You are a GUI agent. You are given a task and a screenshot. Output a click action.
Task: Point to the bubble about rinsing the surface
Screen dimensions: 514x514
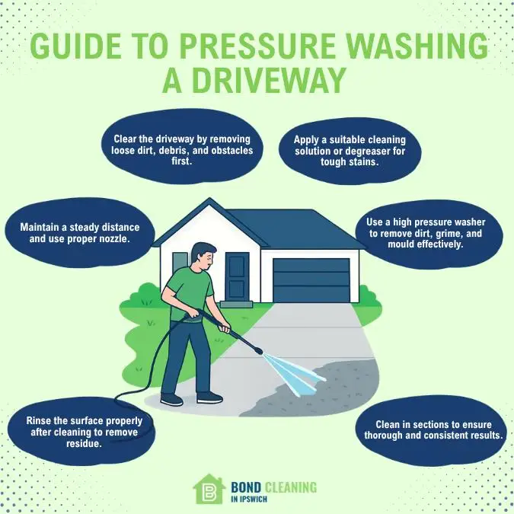pyautogui.click(x=78, y=432)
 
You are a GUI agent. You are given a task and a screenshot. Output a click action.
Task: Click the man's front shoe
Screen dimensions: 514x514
pyautogui.click(x=209, y=397)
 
